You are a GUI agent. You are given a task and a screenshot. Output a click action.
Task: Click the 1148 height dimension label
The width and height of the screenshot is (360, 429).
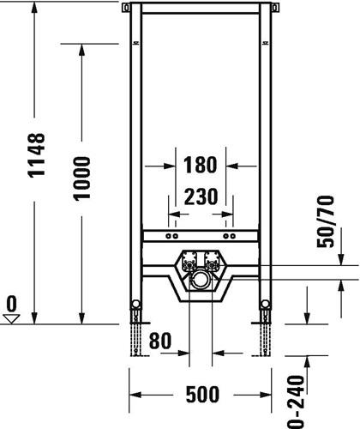coord(37,155)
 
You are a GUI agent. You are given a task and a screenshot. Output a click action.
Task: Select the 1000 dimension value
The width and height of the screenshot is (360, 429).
coord(81,178)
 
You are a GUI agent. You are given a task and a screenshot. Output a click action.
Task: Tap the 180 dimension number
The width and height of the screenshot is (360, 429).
coord(200,165)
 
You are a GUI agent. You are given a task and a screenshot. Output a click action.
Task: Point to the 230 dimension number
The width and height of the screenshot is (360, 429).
coord(201,196)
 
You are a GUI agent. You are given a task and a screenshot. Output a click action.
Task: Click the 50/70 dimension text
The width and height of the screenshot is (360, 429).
coord(326,221)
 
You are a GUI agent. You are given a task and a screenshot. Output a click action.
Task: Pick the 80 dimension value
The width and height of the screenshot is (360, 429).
coord(160,341)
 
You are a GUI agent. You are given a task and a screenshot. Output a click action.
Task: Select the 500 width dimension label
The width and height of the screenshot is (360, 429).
coord(202,395)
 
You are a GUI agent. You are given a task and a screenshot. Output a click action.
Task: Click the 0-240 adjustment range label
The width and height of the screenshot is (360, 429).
coord(295,402)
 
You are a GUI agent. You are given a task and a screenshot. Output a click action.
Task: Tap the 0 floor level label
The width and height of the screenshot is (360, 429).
coord(11,304)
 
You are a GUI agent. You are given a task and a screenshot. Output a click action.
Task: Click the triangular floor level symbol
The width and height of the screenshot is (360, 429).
coord(11,319)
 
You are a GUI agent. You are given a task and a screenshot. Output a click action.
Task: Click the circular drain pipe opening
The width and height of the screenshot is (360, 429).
coord(200,280)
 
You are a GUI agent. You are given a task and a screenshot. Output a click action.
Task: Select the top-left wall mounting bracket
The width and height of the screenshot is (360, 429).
coord(126,7)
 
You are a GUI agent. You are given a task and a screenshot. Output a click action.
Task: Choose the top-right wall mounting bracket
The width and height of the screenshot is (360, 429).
coord(275,7)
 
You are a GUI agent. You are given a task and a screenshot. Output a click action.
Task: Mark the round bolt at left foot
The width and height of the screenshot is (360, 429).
coord(135,304)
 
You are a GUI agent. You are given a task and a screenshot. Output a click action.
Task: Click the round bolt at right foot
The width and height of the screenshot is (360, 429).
coord(266,304)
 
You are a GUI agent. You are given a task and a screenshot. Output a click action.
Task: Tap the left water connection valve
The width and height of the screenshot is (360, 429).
coord(189,261)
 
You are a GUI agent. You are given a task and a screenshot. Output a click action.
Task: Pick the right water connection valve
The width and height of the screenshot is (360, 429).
coord(211,261)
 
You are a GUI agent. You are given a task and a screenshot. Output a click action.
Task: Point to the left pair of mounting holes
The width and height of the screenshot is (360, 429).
coord(172,236)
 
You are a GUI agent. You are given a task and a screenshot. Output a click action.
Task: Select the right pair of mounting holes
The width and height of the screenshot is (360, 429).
coord(229,236)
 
